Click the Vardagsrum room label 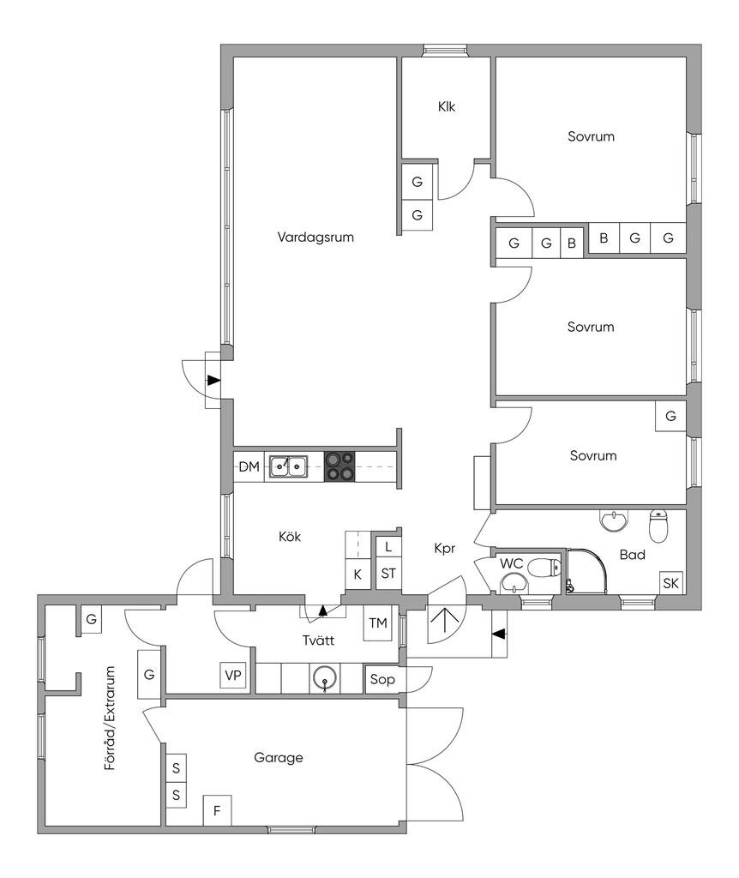point(315,238)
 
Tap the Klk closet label point(446,107)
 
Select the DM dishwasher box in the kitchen point(249,467)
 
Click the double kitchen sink point(289,466)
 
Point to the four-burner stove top point(340,466)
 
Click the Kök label point(290,537)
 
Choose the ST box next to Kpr point(388,573)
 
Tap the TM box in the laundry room point(377,623)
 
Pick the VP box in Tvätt point(233,676)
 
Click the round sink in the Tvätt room point(324,677)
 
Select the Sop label point(382,679)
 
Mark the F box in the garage point(217,810)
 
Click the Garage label point(279,758)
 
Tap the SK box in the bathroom point(670,584)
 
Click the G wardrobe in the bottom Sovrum point(670,417)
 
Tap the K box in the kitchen point(357,574)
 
